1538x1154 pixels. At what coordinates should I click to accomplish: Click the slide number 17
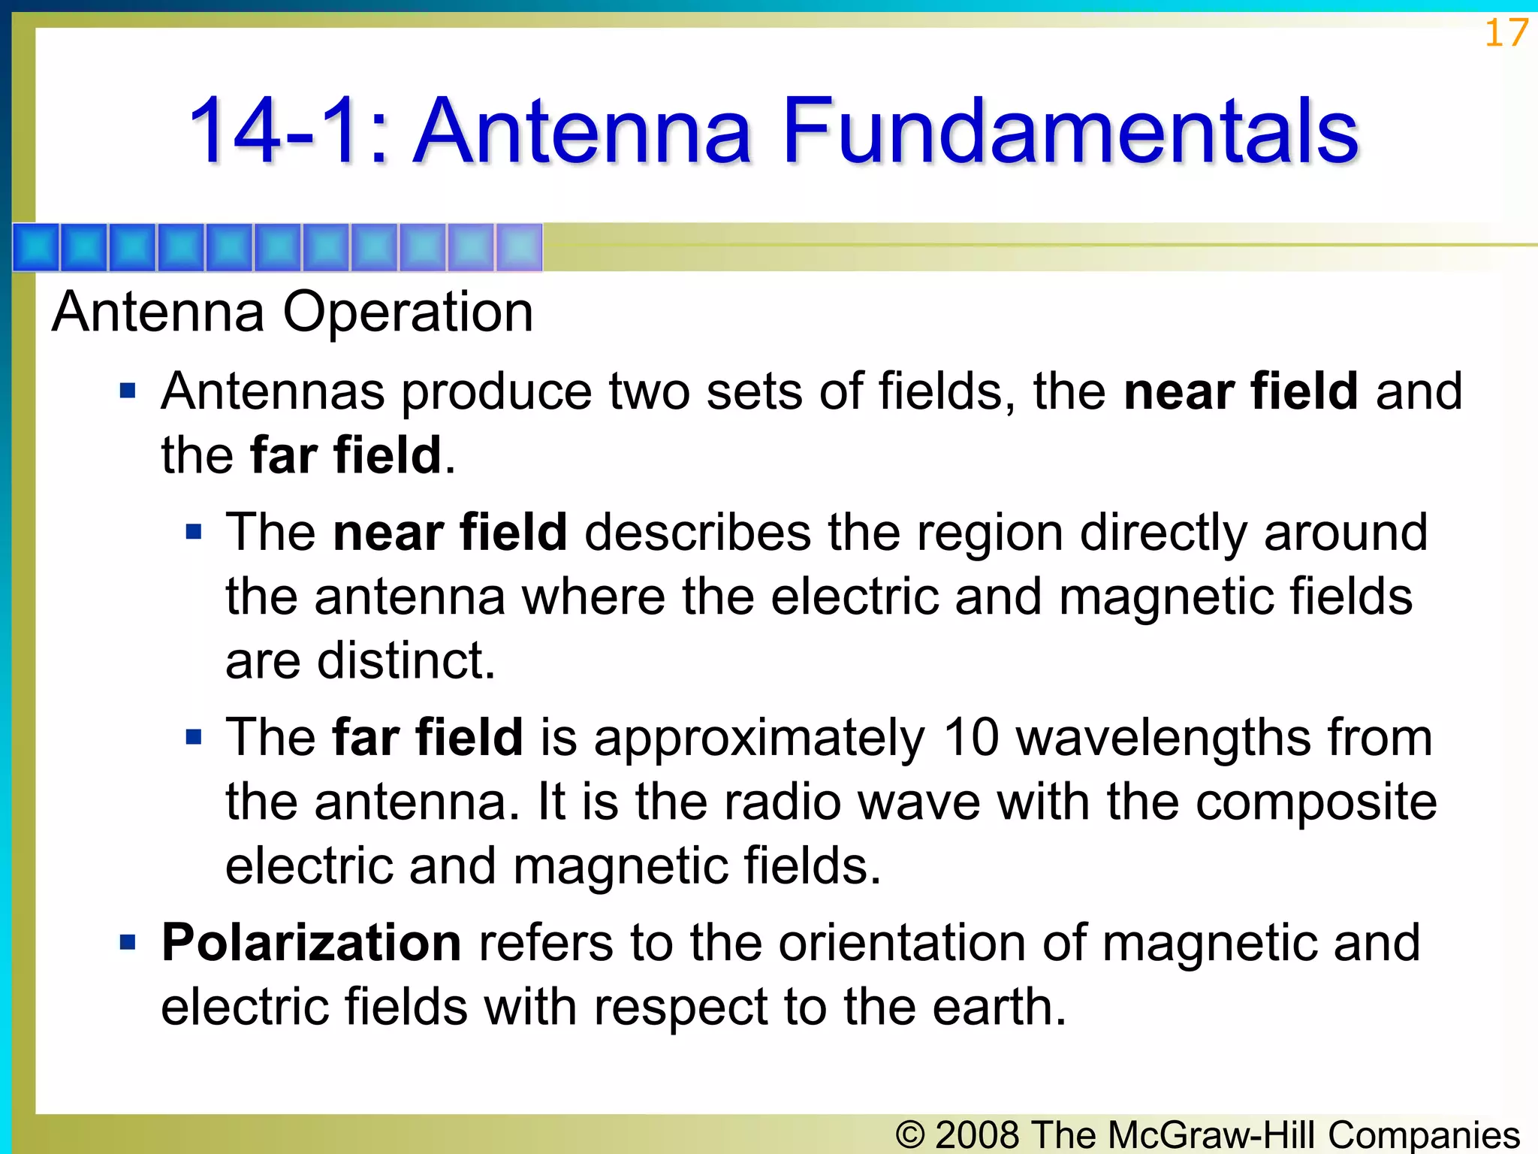point(1506,34)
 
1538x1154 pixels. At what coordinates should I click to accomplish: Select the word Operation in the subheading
point(408,312)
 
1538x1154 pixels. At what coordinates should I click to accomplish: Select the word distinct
point(406,661)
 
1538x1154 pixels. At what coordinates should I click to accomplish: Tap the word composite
point(1316,802)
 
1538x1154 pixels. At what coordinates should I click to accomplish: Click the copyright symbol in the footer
point(910,1134)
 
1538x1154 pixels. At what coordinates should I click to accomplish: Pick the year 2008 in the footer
point(978,1134)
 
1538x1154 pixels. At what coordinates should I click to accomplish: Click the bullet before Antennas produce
point(128,391)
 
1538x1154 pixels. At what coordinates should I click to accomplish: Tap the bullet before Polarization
point(128,942)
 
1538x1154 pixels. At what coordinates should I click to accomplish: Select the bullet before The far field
point(194,737)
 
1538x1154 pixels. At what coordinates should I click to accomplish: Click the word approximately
point(758,739)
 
